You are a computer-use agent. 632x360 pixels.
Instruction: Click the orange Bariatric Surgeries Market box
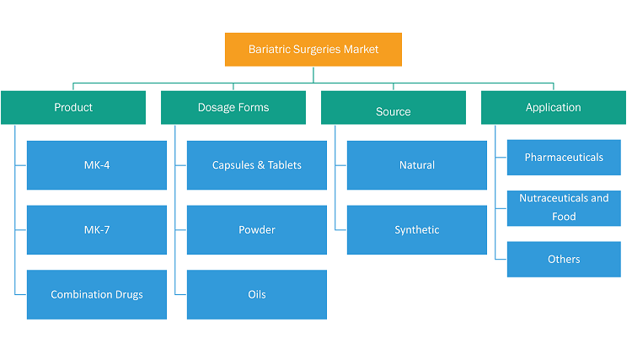(313, 49)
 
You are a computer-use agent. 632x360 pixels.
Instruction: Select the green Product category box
(73, 107)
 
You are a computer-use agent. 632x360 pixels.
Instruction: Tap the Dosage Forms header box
(233, 107)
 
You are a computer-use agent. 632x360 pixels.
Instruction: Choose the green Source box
(394, 107)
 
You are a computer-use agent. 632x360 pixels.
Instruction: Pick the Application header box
(554, 107)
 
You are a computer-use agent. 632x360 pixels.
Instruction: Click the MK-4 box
(97, 165)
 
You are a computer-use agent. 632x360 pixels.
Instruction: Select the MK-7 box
(97, 230)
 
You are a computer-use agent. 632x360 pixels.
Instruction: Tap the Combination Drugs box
(97, 295)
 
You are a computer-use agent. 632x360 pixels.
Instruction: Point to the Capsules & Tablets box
(257, 165)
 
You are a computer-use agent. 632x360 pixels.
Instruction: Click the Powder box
(257, 230)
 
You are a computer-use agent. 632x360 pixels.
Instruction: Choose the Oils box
(257, 295)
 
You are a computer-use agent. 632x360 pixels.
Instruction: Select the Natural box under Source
(417, 165)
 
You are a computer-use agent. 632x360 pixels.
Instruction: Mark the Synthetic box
(417, 230)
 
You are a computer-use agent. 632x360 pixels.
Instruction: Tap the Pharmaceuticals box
(564, 157)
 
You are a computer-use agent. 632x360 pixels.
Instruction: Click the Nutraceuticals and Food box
(564, 208)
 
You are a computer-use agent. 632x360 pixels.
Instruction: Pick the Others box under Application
(564, 259)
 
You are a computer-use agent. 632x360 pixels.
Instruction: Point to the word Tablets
(285, 165)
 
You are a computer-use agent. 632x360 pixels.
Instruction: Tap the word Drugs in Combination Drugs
(129, 295)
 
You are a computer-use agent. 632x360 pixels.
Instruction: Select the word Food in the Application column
(564, 217)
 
